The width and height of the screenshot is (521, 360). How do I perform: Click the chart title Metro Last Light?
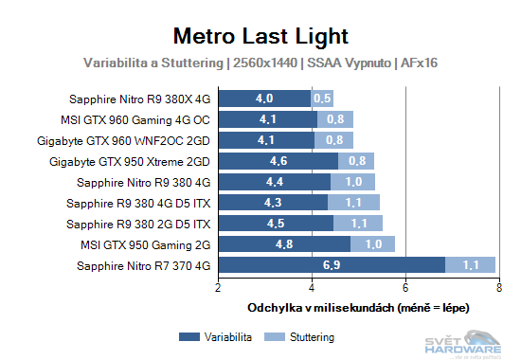click(x=260, y=36)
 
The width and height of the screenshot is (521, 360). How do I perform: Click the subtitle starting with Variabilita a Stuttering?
click(x=260, y=63)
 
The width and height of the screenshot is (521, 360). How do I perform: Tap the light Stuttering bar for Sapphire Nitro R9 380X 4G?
click(x=322, y=99)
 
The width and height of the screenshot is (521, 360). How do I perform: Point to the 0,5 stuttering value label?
click(x=322, y=99)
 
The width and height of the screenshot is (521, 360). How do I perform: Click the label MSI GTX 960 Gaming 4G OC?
click(x=135, y=119)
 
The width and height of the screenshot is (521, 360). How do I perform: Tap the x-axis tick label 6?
click(x=404, y=288)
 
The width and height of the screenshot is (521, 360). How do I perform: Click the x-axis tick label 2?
click(x=219, y=288)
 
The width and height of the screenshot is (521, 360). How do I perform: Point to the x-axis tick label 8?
click(x=497, y=288)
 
